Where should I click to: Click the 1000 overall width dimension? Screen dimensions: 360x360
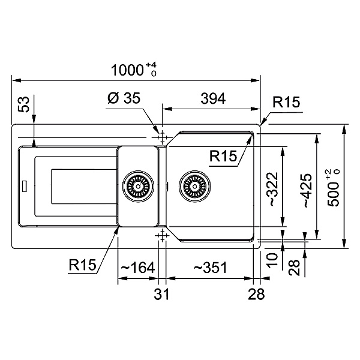pyautogui.click(x=134, y=70)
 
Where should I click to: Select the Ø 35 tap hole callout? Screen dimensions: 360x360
pyautogui.click(x=124, y=98)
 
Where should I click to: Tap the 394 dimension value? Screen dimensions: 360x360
pyautogui.click(x=213, y=98)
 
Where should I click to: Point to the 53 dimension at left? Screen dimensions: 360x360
pyautogui.click(x=24, y=104)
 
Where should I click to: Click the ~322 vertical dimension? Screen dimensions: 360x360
pyautogui.click(x=274, y=189)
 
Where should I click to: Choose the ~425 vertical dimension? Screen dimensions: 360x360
pyautogui.click(x=308, y=191)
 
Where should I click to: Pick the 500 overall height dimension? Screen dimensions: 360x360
pyautogui.click(x=333, y=188)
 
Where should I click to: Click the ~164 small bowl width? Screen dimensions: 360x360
pyautogui.click(x=138, y=268)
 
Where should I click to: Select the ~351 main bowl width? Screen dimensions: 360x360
pyautogui.click(x=211, y=268)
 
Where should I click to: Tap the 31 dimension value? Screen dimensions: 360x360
pyautogui.click(x=161, y=294)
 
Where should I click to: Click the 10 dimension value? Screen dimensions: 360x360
pyautogui.click(x=272, y=260)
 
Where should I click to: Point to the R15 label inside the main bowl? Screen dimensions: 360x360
pyautogui.click(x=223, y=156)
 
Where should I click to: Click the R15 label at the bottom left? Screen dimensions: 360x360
pyautogui.click(x=82, y=265)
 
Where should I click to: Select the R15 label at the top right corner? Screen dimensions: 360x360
pyautogui.click(x=286, y=102)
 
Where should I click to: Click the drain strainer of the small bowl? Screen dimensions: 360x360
pyautogui.click(x=138, y=187)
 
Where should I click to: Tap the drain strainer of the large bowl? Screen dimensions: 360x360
pyautogui.click(x=194, y=187)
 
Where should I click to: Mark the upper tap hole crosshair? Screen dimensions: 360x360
pyautogui.click(x=162, y=137)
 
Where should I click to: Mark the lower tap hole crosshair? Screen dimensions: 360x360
pyautogui.click(x=162, y=236)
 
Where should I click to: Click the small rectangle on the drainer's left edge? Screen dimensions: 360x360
pyautogui.click(x=24, y=186)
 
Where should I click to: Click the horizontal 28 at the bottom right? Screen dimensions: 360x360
pyautogui.click(x=256, y=294)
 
